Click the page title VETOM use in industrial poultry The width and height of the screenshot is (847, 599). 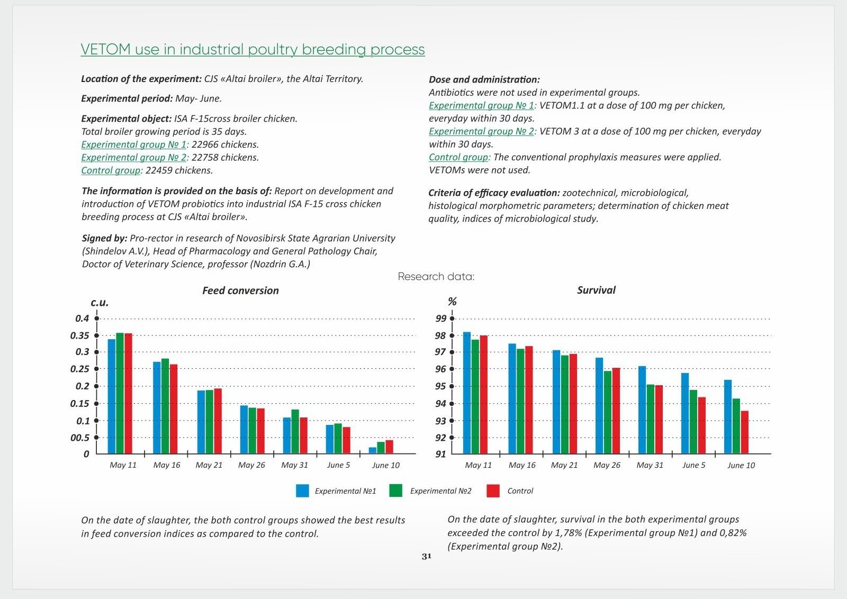253,49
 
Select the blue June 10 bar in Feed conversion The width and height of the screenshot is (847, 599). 373,450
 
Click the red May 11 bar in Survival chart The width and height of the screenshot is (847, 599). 484,394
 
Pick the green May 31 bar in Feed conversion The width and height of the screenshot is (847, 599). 295,431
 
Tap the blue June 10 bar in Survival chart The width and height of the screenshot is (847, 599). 728,416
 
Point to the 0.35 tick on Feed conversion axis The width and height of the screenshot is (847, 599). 96,335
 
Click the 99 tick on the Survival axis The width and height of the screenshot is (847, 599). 452,319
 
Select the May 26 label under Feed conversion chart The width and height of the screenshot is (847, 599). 251,465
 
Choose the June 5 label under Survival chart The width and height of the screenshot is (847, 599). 693,465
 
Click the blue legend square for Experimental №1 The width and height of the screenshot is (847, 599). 302,491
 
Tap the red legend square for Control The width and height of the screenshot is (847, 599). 493,491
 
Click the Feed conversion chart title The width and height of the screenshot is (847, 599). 240,291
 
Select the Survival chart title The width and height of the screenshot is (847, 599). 596,290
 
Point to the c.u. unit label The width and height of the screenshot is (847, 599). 100,303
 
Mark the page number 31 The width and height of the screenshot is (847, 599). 427,556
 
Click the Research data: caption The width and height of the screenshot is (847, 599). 436,276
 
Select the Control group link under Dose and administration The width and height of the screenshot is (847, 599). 459,157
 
